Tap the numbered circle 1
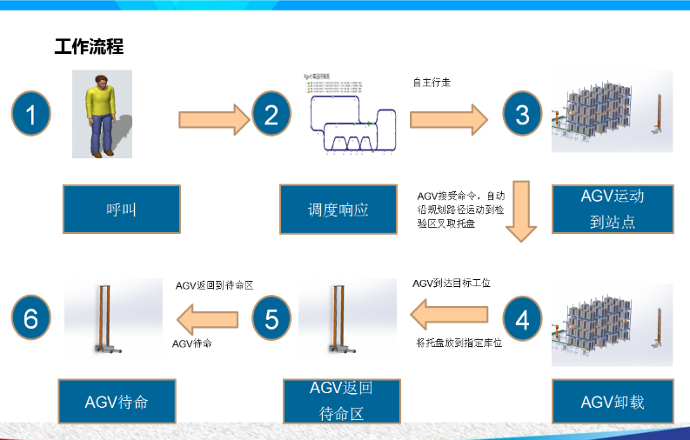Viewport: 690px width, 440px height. point(31,115)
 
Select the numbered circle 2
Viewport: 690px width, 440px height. point(271,115)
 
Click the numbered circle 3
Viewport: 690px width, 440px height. point(522,115)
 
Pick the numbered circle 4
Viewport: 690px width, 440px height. point(522,319)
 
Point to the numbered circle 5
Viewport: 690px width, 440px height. point(271,319)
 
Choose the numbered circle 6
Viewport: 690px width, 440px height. point(31,319)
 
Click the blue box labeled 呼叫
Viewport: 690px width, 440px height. point(122,209)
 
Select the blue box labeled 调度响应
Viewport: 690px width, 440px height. point(338,209)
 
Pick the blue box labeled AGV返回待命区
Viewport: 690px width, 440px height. point(341,400)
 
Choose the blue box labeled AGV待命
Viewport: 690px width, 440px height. point(117,402)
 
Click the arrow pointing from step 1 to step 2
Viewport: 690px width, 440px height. point(213,116)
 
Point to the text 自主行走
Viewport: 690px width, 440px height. point(432,83)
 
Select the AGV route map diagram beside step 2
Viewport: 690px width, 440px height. point(355,121)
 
